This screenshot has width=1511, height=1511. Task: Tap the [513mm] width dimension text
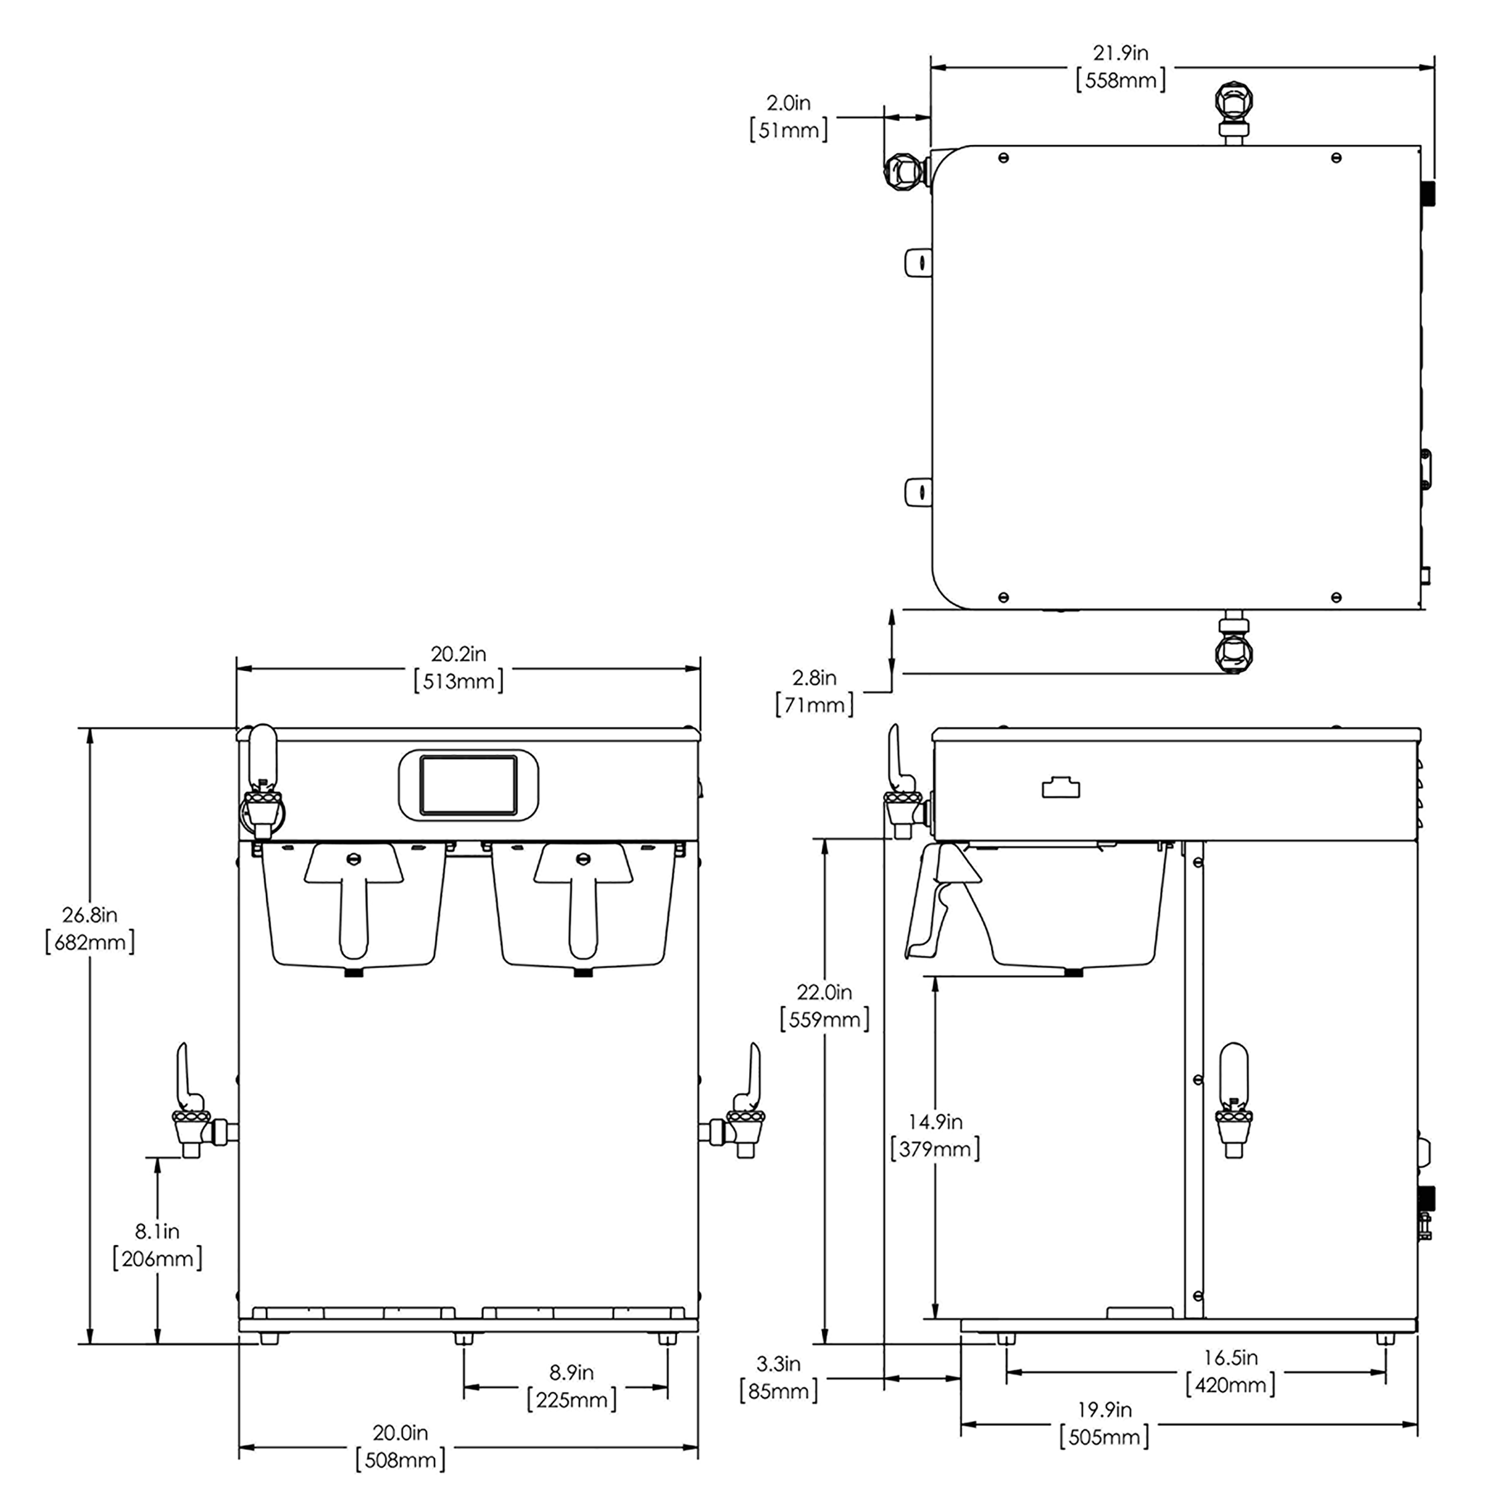pos(458,681)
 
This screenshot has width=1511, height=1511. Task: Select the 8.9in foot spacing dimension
pos(571,1372)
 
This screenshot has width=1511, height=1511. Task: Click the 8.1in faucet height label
pos(157,1231)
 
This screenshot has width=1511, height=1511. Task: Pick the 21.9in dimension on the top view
pos(1120,53)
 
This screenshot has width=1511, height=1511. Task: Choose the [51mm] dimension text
pos(788,130)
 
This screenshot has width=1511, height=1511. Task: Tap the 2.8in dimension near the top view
pos(814,678)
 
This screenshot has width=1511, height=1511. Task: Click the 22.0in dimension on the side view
pos(824,992)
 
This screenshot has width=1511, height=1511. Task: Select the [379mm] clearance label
pos(936,1149)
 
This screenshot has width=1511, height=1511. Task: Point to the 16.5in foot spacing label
pos(1230,1357)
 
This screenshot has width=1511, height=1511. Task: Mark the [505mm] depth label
pos(1104,1437)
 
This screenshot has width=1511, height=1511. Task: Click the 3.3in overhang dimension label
pos(778,1364)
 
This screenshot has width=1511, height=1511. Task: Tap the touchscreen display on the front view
pos(468,785)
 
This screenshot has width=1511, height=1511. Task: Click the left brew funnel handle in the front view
pos(354,899)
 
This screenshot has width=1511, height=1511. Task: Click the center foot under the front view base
pos(464,1339)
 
